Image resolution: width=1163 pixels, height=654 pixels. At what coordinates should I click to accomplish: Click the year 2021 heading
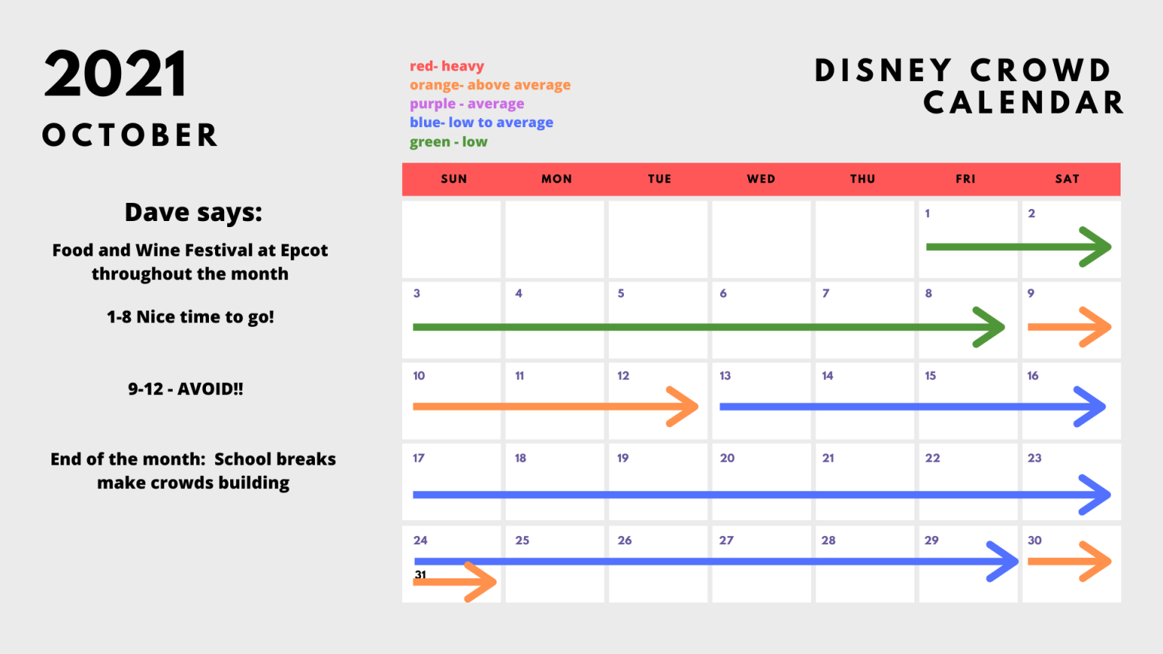(x=115, y=73)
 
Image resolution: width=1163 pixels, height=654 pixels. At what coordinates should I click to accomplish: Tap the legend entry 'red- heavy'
(x=447, y=66)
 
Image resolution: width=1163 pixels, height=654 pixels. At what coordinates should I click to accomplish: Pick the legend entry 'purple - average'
(x=466, y=103)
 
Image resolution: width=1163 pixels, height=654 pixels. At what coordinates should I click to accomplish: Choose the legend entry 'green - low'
(x=448, y=142)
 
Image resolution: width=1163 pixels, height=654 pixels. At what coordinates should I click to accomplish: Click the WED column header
(x=761, y=179)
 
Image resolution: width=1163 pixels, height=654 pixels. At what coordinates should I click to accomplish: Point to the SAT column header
(x=1068, y=179)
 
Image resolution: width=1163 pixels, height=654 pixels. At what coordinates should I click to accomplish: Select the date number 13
(x=725, y=375)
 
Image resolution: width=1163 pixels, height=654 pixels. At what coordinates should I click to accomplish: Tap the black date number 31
(x=420, y=575)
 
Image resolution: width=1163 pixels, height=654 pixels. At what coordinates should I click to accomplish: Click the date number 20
(x=727, y=458)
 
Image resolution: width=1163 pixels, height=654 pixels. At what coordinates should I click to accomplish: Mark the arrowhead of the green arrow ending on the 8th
(x=989, y=327)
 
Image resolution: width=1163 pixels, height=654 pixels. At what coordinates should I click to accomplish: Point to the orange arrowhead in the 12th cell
(x=682, y=406)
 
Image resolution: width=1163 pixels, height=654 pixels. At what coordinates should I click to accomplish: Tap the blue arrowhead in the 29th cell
(x=1002, y=561)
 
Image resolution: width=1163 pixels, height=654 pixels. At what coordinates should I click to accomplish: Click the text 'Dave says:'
(x=193, y=212)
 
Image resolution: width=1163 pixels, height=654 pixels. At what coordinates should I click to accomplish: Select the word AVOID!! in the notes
(x=210, y=389)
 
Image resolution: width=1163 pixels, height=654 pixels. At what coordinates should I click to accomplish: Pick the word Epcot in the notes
(x=304, y=251)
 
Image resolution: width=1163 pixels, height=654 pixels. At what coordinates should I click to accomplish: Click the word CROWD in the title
(x=1040, y=70)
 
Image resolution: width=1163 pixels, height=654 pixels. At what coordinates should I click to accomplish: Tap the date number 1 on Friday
(x=928, y=213)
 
